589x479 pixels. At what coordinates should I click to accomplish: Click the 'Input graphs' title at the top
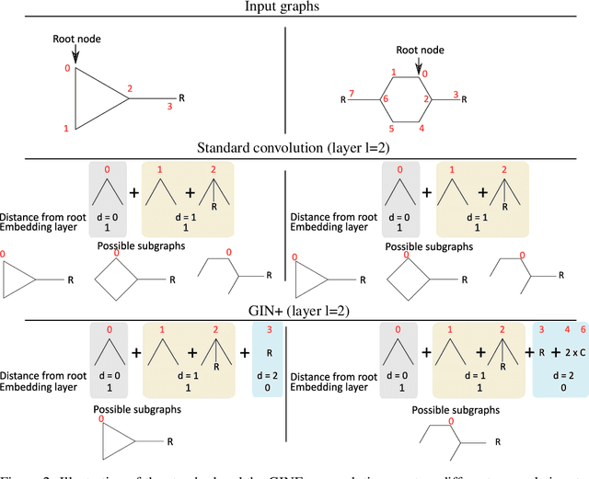(x=294, y=9)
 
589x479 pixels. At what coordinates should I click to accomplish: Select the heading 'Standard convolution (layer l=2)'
(x=294, y=148)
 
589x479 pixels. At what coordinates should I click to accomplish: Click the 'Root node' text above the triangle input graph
(x=75, y=38)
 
